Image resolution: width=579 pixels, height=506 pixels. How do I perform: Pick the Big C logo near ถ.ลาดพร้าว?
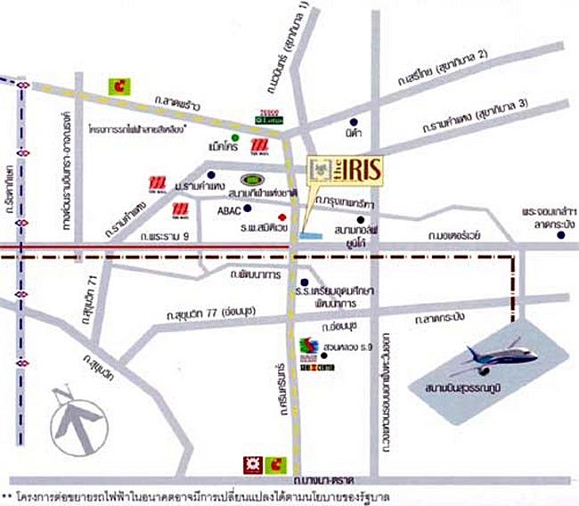pyautogui.click(x=118, y=86)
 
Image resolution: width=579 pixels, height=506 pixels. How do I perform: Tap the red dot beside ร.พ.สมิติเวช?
pyautogui.click(x=281, y=216)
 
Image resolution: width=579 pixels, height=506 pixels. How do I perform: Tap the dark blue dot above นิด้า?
pyautogui.click(x=354, y=120)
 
